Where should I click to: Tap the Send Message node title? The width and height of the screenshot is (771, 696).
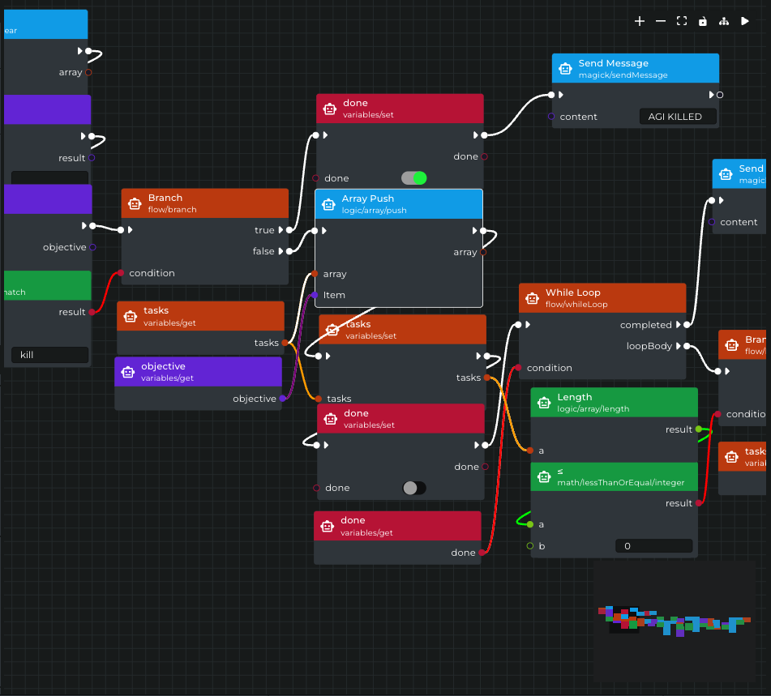point(613,63)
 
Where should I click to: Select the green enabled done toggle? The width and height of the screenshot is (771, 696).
point(413,178)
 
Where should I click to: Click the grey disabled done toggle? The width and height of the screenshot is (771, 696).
point(413,488)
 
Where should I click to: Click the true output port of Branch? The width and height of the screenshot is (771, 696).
point(289,230)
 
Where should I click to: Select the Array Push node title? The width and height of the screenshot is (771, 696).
point(367,199)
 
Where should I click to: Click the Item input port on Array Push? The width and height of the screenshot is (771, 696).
point(315,295)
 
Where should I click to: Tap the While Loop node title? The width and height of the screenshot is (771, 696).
point(572,292)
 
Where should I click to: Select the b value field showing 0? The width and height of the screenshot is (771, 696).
point(653,546)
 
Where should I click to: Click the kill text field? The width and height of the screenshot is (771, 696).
point(49,355)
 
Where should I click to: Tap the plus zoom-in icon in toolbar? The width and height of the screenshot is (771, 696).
point(640,21)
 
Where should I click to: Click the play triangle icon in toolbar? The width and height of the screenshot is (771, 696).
point(745,21)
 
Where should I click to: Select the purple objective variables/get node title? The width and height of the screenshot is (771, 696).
point(163,366)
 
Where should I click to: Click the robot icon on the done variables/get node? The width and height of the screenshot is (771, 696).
point(327,526)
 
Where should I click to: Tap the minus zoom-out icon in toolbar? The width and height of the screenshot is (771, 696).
point(661,21)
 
